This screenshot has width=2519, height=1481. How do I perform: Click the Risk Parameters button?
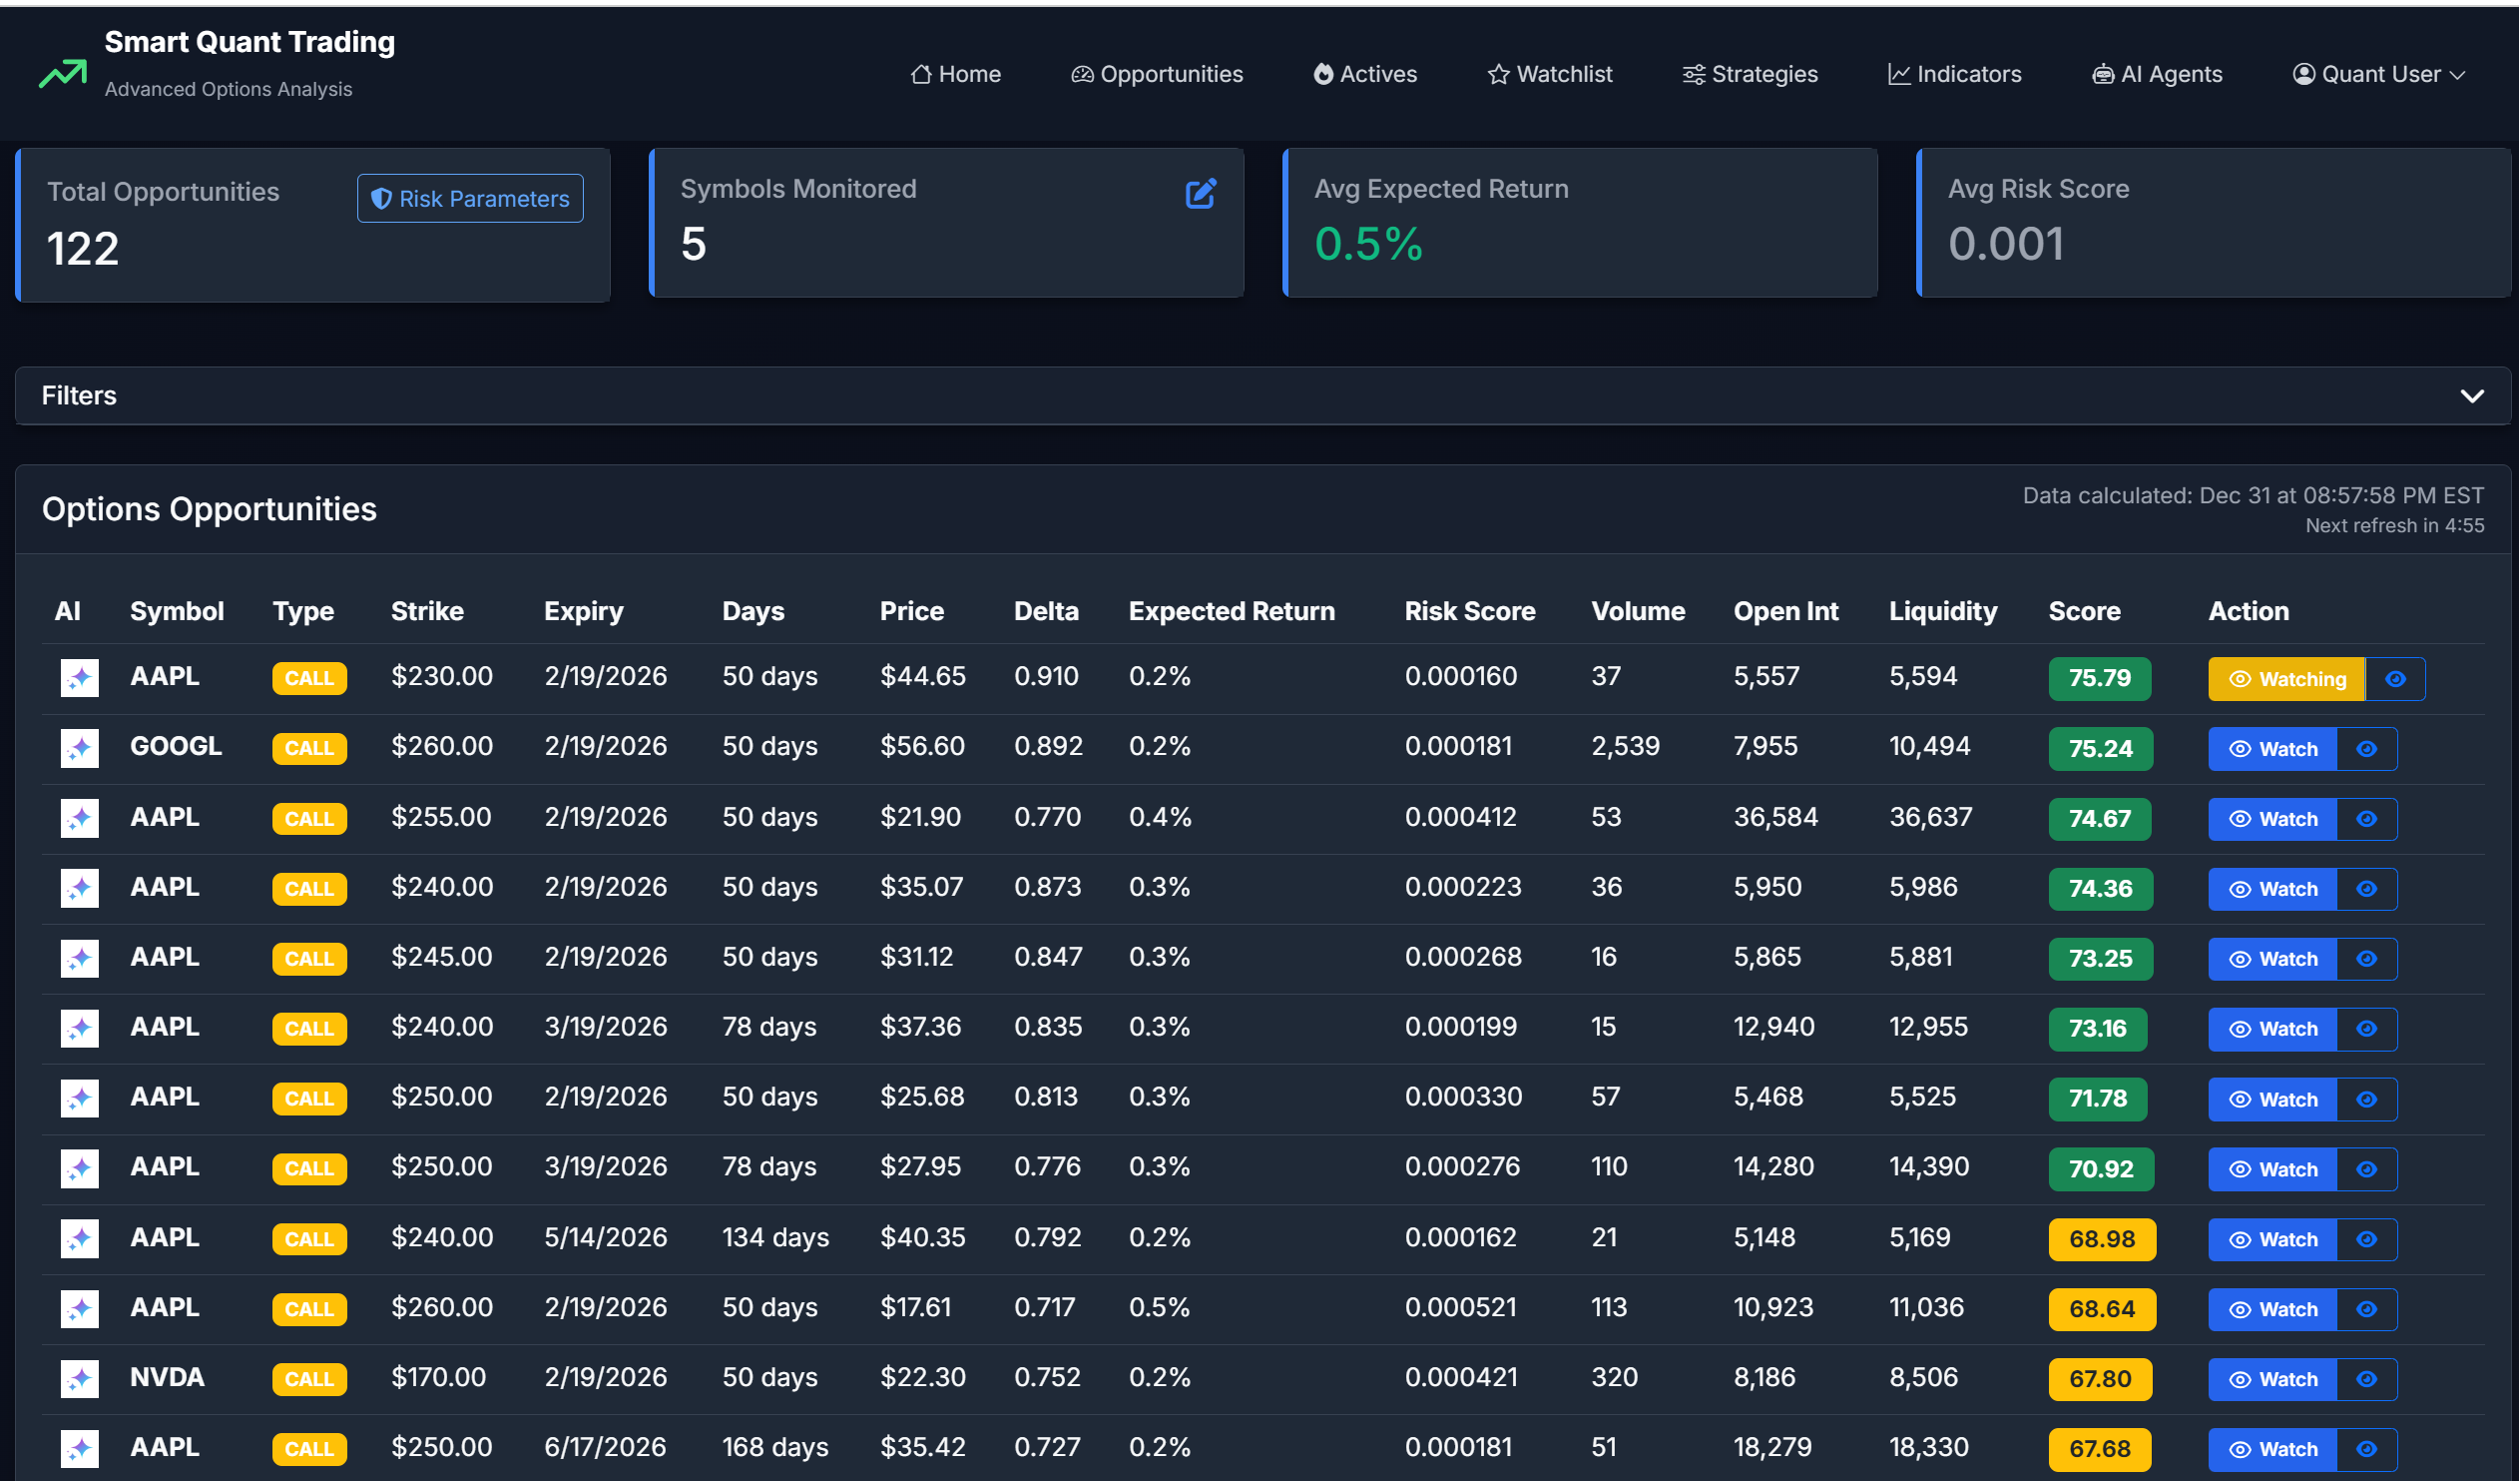[x=470, y=199]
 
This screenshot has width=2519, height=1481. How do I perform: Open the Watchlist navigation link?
[x=1549, y=74]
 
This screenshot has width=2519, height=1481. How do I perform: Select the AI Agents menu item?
[x=2157, y=74]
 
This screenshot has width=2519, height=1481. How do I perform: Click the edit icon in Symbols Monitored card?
[x=1200, y=194]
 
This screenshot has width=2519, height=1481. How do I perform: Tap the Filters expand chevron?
[x=2471, y=396]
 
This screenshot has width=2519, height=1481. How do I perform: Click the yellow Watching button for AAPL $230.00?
[x=2286, y=679]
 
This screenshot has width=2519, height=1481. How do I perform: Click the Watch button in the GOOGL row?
[x=2272, y=749]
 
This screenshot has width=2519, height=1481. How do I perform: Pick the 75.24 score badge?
[x=2100, y=749]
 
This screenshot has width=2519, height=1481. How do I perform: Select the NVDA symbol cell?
[x=167, y=1377]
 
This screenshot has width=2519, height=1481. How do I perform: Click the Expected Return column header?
[x=1232, y=611]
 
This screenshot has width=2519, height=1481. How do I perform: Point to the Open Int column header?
[x=1785, y=611]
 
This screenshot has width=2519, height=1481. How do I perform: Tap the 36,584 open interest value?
[x=1775, y=817]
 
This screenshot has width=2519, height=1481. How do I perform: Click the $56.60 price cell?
[x=921, y=746]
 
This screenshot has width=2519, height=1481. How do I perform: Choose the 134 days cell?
[x=775, y=1237]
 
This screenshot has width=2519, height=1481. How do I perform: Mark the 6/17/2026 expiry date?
[x=605, y=1447]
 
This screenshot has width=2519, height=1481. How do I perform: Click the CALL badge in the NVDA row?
[x=308, y=1379]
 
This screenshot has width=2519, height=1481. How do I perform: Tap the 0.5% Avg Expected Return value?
[x=1367, y=244]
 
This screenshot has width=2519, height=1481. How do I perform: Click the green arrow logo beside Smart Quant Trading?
[x=63, y=73]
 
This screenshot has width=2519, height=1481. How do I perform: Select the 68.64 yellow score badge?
[x=2101, y=1309]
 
